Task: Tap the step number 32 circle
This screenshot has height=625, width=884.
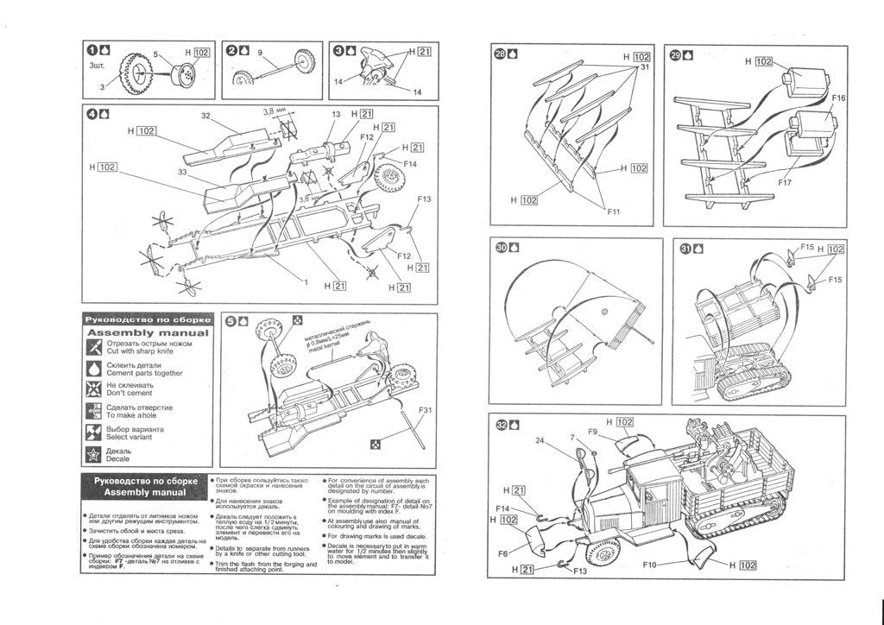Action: coord(502,424)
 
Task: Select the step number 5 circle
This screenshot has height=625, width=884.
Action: coord(230,321)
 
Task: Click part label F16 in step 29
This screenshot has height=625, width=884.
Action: coord(838,98)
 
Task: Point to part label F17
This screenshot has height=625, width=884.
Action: coord(784,183)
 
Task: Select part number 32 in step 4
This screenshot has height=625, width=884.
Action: coord(205,116)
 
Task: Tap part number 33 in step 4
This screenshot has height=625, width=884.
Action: coord(182,171)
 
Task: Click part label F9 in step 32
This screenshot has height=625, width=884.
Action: coord(593,431)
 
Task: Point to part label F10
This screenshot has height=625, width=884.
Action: coord(651,565)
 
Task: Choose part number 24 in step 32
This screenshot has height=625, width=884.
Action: coord(540,439)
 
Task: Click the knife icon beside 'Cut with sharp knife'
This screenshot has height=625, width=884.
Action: coord(94,347)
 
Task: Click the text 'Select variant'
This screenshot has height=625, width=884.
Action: coord(136,437)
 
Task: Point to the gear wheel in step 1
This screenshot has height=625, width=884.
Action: coord(136,73)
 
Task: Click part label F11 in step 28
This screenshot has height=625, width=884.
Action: coord(613,211)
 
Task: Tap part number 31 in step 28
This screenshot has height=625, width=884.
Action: coord(644,68)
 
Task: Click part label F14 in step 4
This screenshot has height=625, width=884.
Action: coord(409,163)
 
